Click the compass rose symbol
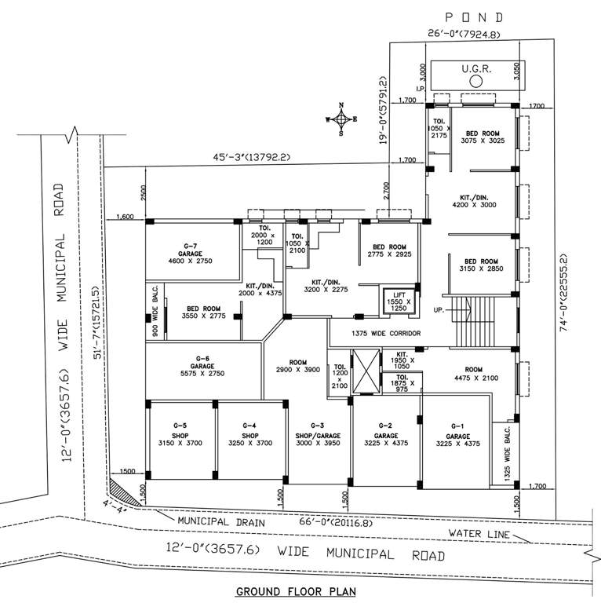341,119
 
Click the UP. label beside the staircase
439,309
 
